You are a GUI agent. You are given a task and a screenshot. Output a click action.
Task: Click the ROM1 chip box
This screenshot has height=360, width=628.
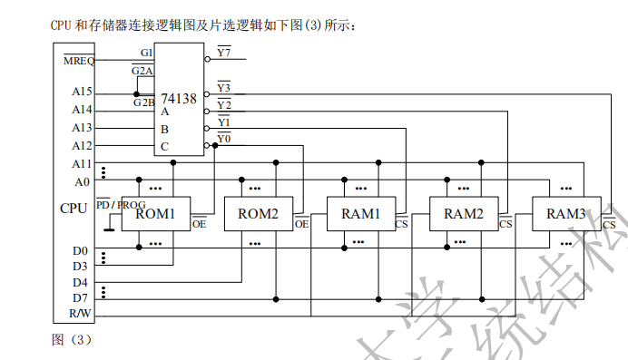pyautogui.click(x=155, y=214)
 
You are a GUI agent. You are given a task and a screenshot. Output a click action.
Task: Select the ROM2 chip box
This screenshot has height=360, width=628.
pyautogui.click(x=258, y=214)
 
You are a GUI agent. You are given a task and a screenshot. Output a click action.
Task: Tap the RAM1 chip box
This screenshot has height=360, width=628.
pyautogui.click(x=360, y=214)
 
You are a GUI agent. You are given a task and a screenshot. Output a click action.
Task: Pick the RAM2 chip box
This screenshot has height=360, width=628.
pyautogui.click(x=463, y=214)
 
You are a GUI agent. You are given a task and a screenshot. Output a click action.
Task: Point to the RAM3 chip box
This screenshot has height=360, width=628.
pyautogui.click(x=565, y=214)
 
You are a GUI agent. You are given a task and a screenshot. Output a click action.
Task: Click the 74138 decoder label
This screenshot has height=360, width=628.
pyautogui.click(x=178, y=98)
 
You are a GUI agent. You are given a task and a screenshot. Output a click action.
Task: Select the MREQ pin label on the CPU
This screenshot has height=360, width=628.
pyautogui.click(x=78, y=61)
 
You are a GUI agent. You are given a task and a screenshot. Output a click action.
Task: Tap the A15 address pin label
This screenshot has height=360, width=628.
pyautogui.click(x=82, y=92)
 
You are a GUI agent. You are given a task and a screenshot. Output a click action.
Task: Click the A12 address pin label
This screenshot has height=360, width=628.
pyautogui.click(x=82, y=145)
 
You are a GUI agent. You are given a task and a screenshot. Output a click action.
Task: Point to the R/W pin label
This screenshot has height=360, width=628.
pyautogui.click(x=81, y=315)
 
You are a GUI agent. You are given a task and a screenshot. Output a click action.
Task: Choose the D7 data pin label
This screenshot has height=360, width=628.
pyautogui.click(x=81, y=297)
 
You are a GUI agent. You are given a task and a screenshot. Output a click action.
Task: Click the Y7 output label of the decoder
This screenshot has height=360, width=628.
pyautogui.click(x=223, y=53)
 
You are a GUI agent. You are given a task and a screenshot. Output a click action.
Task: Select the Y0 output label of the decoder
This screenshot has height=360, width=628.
pyautogui.click(x=223, y=138)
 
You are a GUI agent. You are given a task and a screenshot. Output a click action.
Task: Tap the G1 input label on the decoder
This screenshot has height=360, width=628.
pyautogui.click(x=146, y=54)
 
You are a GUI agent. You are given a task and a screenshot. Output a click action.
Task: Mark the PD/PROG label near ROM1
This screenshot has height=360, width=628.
pyautogui.click(x=120, y=204)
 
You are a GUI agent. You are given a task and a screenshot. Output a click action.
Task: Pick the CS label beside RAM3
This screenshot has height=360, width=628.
pyautogui.click(x=609, y=224)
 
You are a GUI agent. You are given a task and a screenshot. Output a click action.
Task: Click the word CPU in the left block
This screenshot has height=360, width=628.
pyautogui.click(x=74, y=209)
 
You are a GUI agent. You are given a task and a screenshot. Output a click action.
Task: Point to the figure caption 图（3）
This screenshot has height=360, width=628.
pyautogui.click(x=72, y=340)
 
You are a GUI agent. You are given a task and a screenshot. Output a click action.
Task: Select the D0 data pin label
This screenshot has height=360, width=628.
pyautogui.click(x=81, y=250)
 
